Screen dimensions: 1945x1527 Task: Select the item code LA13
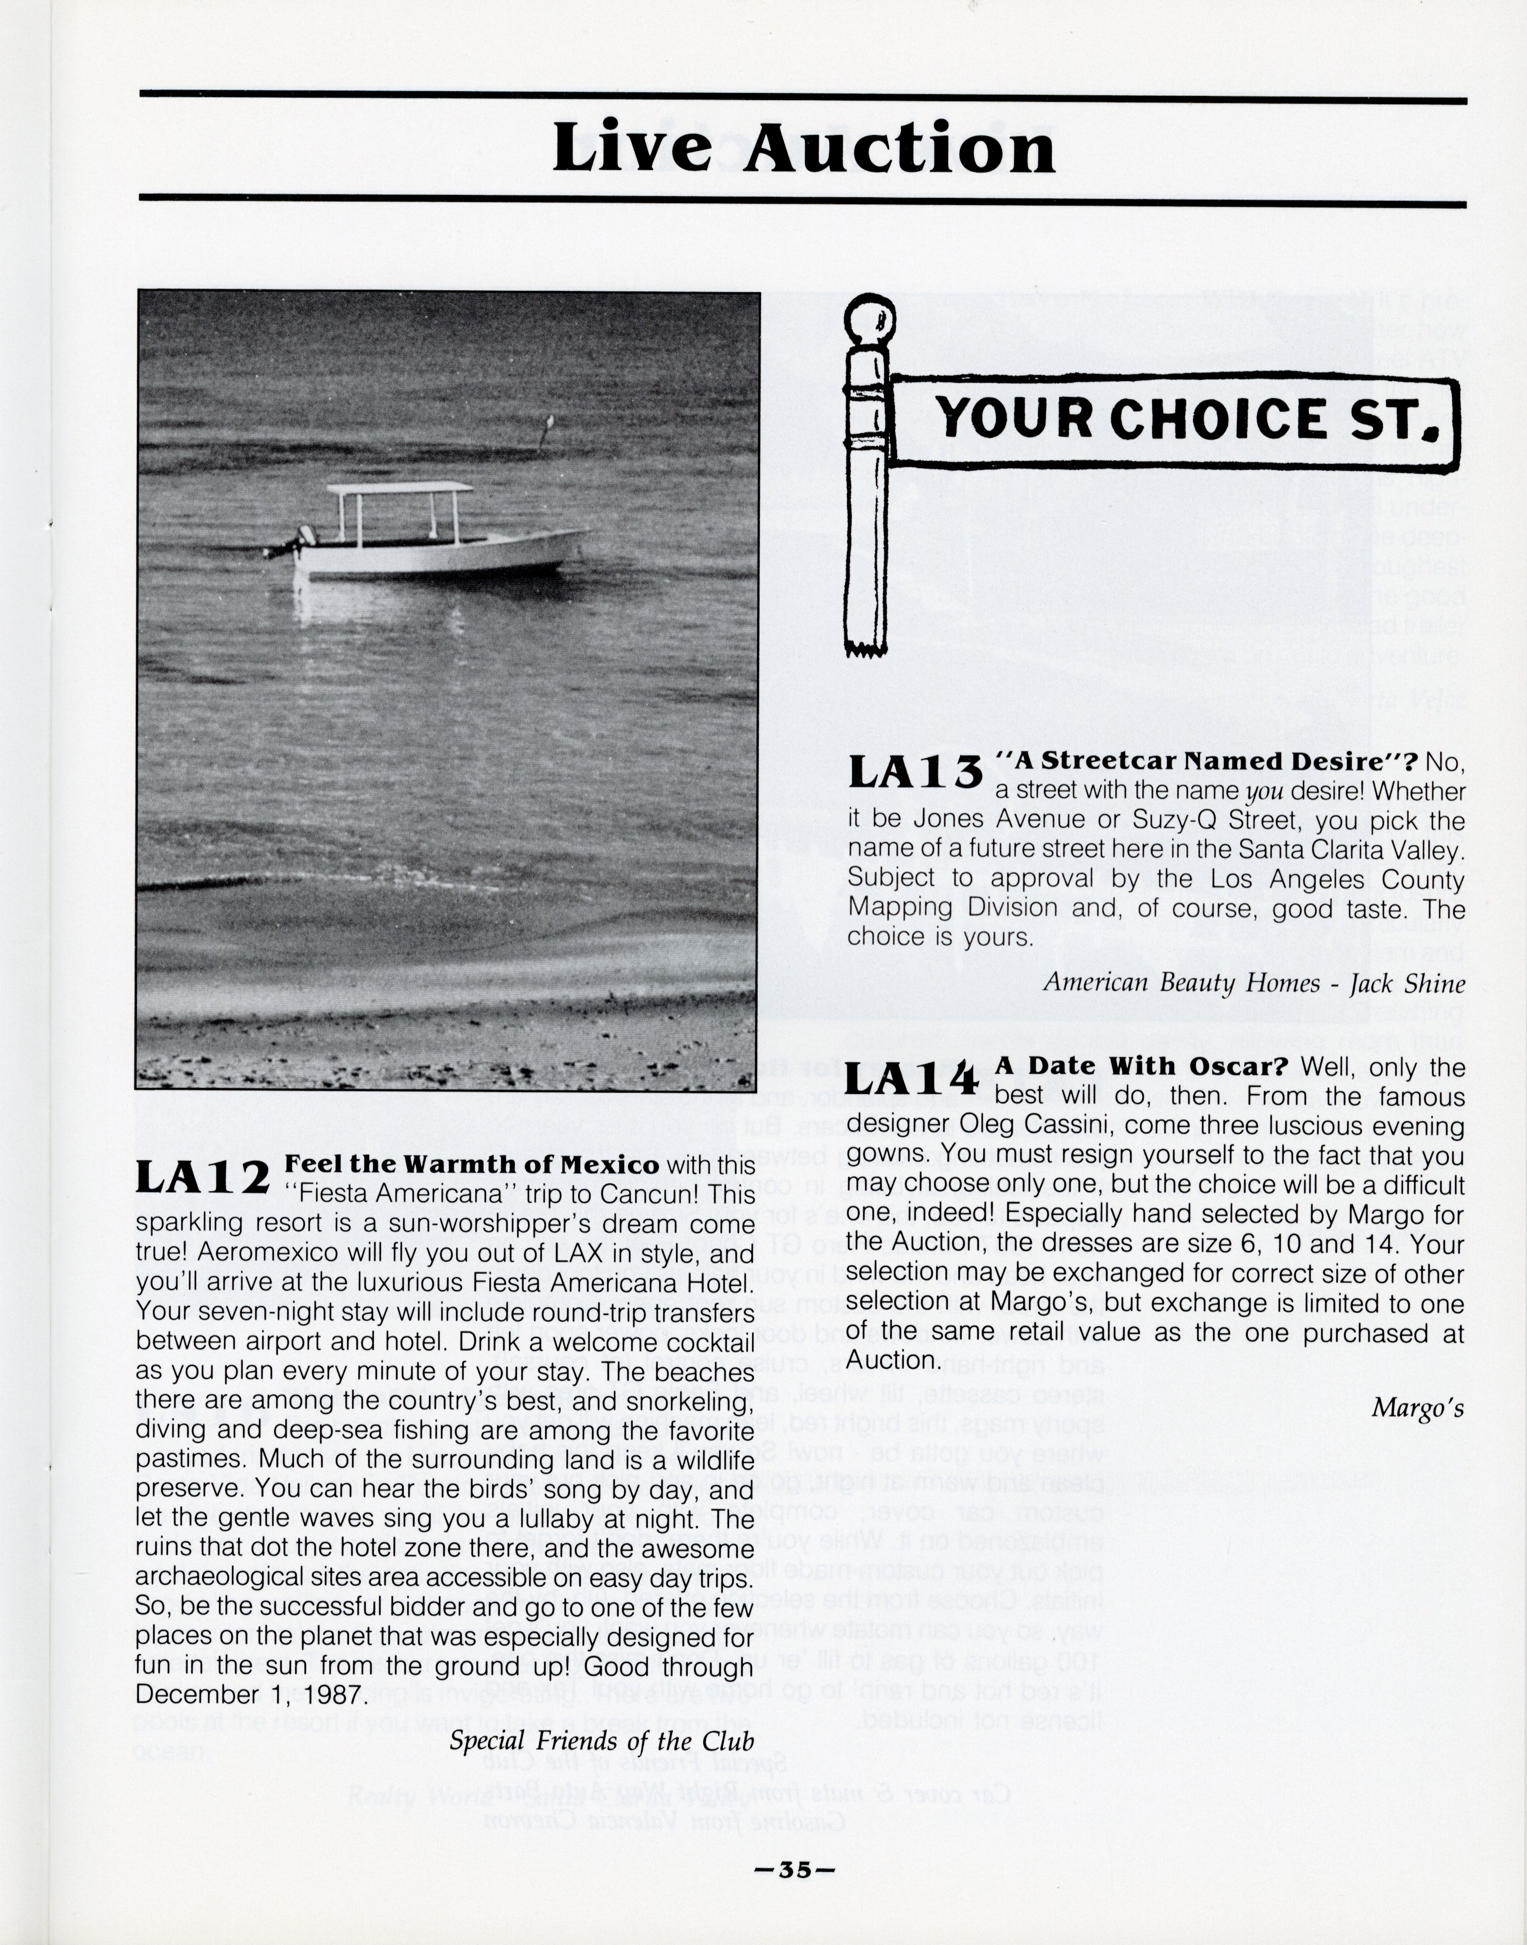tap(914, 772)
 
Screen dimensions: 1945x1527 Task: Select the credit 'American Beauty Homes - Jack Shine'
tap(1254, 983)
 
